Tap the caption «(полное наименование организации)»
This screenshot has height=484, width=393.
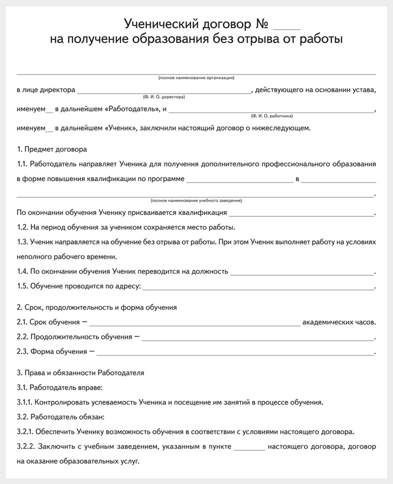[x=196, y=78]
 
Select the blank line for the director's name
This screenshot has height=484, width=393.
[x=163, y=91]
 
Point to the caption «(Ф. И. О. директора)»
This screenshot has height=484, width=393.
[x=163, y=97]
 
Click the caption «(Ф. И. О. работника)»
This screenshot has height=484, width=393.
[x=272, y=116]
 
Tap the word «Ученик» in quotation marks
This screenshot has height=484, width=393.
[x=121, y=128]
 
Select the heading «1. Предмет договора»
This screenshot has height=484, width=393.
[x=52, y=149]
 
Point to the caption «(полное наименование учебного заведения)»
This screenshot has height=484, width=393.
[x=196, y=200]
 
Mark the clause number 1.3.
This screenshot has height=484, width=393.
[x=22, y=242]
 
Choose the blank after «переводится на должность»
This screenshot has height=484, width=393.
[x=302, y=272]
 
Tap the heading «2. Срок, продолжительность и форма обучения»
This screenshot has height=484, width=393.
[x=97, y=308]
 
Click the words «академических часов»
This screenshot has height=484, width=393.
[x=338, y=322]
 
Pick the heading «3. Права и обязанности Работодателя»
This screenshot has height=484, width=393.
[x=80, y=373]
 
